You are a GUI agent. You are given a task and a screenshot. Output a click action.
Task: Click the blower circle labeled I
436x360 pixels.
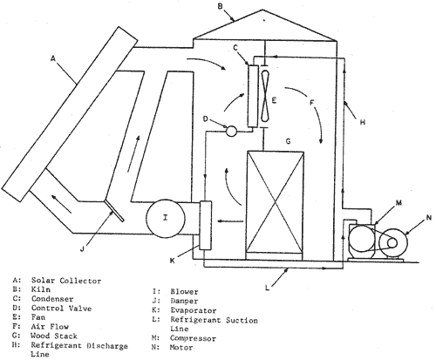click(166, 217)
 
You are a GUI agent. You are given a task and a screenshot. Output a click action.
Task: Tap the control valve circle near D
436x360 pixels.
click(231, 131)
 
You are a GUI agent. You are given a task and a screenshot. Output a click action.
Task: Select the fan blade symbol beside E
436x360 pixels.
click(265, 96)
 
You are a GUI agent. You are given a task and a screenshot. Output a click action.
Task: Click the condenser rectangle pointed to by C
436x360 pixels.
click(253, 96)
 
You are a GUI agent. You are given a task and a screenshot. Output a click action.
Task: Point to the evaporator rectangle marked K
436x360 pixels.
click(206, 225)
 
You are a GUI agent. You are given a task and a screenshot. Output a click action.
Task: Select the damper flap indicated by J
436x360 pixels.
click(114, 211)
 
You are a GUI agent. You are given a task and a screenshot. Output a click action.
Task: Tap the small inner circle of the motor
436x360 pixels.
click(392, 243)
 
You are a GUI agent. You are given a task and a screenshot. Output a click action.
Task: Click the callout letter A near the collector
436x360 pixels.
click(52, 59)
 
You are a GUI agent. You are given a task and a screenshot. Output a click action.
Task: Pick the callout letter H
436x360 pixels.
click(362, 122)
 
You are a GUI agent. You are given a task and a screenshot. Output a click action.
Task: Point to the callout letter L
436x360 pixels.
click(268, 288)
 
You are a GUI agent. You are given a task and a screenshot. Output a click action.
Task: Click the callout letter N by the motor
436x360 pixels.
click(428, 217)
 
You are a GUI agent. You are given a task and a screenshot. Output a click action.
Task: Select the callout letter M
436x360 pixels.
click(399, 203)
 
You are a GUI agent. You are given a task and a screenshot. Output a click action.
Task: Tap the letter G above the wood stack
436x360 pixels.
click(288, 141)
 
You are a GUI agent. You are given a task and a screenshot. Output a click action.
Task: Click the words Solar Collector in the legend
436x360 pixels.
click(66, 281)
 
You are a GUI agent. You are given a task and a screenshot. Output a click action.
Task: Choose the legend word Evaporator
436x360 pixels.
click(194, 310)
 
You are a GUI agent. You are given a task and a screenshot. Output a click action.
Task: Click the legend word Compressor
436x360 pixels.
click(193, 338)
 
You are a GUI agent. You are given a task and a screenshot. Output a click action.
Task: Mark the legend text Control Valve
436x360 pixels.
click(61, 309)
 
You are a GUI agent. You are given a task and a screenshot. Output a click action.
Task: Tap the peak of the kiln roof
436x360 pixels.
click(262, 10)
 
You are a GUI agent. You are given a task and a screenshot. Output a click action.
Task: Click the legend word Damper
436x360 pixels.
click(184, 301)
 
